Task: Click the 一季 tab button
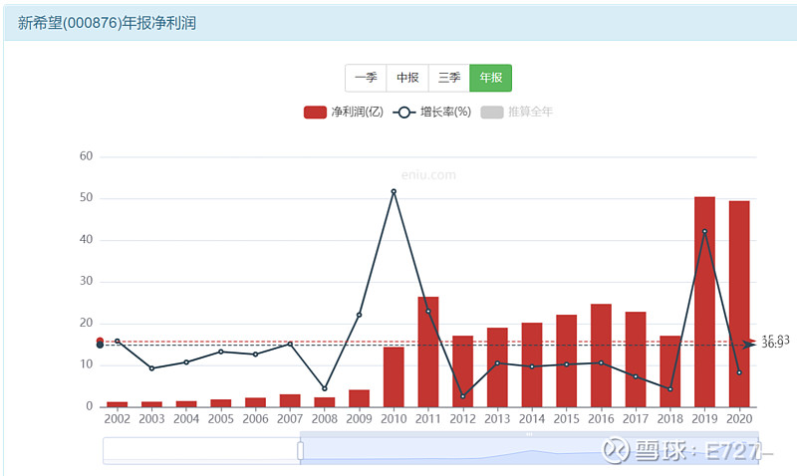pyautogui.click(x=366, y=78)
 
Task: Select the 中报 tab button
pyautogui.click(x=407, y=78)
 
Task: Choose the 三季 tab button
pyautogui.click(x=448, y=78)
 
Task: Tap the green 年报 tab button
pyautogui.click(x=490, y=78)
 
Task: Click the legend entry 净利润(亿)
pyautogui.click(x=344, y=112)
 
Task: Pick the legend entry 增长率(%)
pyautogui.click(x=432, y=112)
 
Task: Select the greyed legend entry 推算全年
pyautogui.click(x=517, y=112)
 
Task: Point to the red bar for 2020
pyautogui.click(x=739, y=304)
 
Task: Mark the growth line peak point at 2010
pyautogui.click(x=394, y=191)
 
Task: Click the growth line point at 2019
pyautogui.click(x=704, y=232)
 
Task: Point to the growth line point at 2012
pyautogui.click(x=462, y=396)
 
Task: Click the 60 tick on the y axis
pyautogui.click(x=86, y=156)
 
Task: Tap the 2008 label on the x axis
pyautogui.click(x=324, y=419)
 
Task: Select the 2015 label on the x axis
pyautogui.click(x=566, y=419)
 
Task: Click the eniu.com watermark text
pyautogui.click(x=428, y=174)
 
